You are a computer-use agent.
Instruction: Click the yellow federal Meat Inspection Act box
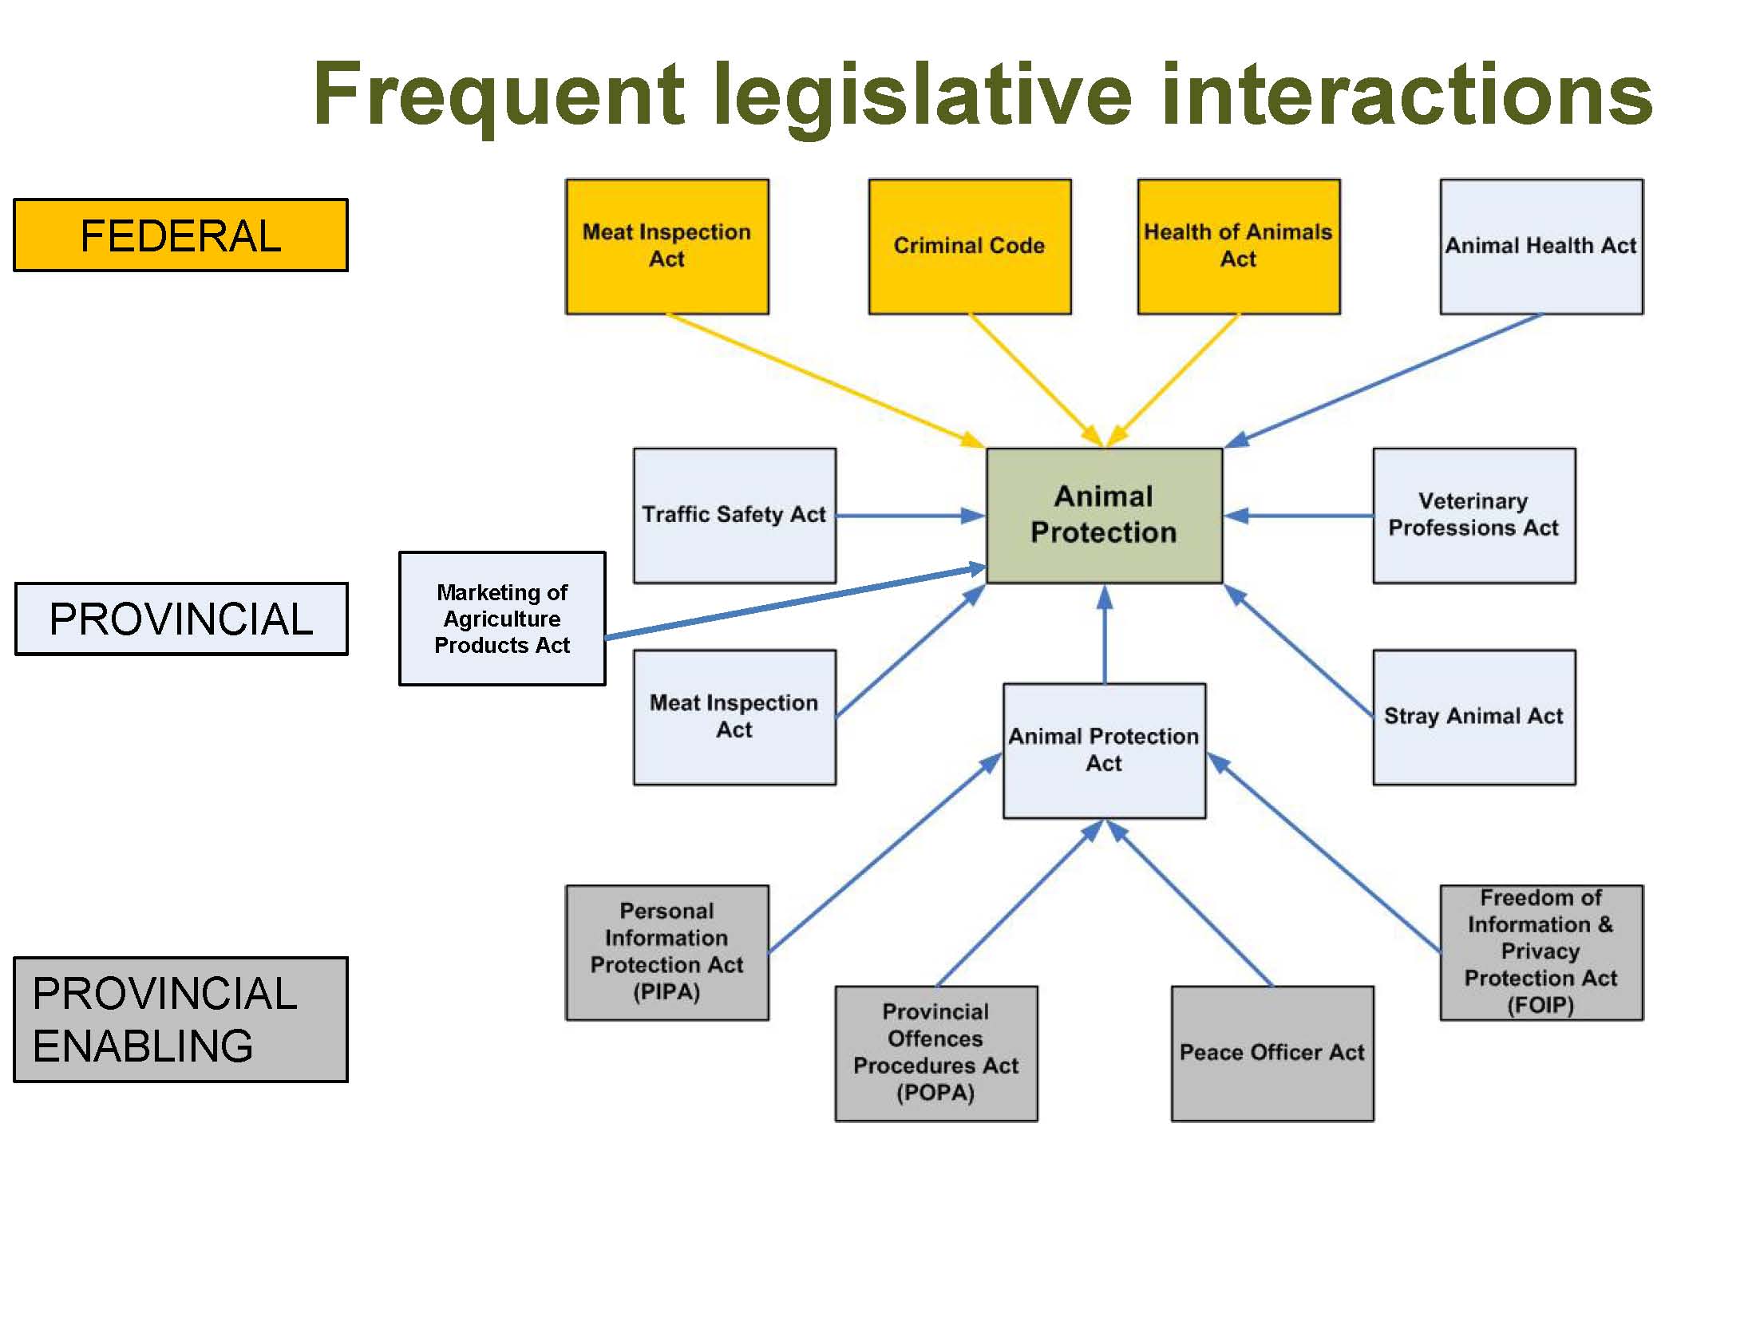(666, 246)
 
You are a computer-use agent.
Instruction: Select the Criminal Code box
(969, 246)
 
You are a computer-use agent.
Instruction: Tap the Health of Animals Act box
(1238, 246)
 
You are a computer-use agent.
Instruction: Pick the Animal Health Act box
(1540, 246)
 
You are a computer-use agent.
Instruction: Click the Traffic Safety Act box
(734, 515)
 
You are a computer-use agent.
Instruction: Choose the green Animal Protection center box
(1104, 515)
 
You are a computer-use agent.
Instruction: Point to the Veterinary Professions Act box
(1473, 515)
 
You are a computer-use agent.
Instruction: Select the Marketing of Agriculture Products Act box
(502, 619)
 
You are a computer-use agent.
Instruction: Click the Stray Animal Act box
(1473, 717)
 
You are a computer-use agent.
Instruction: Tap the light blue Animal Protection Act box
(1104, 750)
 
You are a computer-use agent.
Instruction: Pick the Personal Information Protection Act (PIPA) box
(666, 952)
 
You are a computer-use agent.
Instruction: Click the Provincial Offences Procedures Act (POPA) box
(935, 1053)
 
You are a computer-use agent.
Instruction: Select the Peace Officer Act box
(1272, 1053)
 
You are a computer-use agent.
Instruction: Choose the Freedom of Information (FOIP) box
(1540, 952)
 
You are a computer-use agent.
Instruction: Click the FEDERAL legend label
(180, 235)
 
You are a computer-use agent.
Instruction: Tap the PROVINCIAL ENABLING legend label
(180, 1019)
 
